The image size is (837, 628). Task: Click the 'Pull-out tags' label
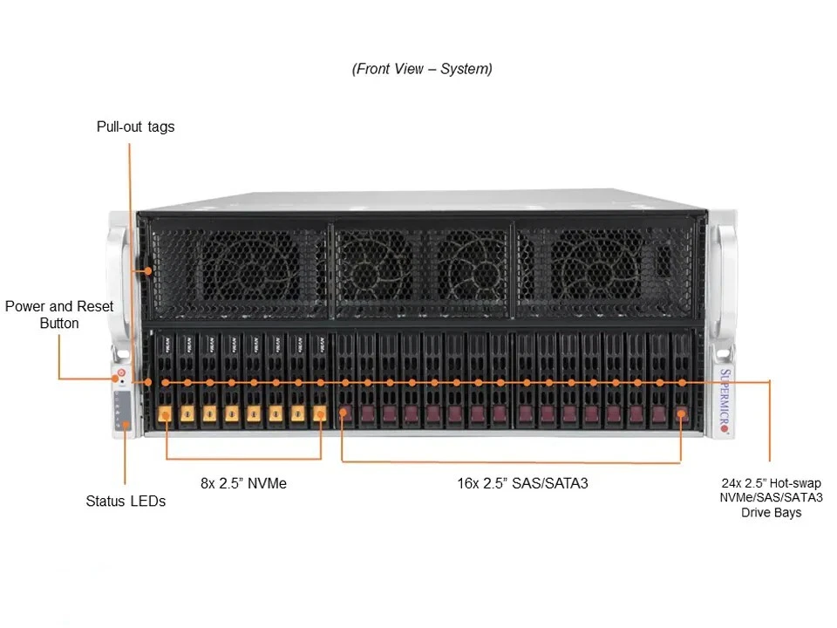click(x=135, y=126)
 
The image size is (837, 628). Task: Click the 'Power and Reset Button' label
click(x=59, y=315)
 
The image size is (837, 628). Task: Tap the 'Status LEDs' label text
click(x=126, y=501)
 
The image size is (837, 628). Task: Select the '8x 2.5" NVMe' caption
click(x=243, y=482)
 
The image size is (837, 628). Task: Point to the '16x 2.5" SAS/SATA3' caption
click(x=522, y=482)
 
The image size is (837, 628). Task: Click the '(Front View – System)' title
click(x=422, y=69)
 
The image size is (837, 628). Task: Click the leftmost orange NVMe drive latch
click(x=165, y=414)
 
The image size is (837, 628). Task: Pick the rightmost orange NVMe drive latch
click(x=319, y=414)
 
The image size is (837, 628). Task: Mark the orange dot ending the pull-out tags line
click(x=148, y=270)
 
